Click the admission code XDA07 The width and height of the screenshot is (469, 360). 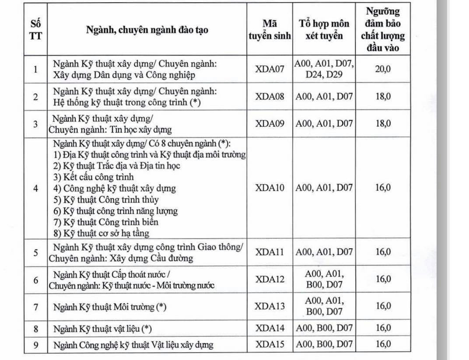[270, 69]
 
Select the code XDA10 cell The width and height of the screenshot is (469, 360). [270, 188]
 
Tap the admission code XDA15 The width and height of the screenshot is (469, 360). [270, 345]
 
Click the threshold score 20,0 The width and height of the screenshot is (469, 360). [383, 69]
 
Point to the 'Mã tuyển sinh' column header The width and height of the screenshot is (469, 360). [270, 30]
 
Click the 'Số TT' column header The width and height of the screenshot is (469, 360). [36, 30]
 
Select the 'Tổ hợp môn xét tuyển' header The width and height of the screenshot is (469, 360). [324, 30]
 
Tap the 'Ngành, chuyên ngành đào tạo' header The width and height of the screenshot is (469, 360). [147, 30]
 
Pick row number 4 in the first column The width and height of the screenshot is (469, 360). [36, 189]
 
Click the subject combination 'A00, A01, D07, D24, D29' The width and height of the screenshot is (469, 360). [324, 69]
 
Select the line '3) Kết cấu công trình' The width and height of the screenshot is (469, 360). [93, 177]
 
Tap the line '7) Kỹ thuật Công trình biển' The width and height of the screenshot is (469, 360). [105, 222]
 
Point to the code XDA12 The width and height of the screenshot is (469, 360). [270, 280]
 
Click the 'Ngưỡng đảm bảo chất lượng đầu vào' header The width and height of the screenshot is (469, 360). [383, 30]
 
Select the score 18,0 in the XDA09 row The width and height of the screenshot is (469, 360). [383, 124]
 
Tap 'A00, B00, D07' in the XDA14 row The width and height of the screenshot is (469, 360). [324, 328]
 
